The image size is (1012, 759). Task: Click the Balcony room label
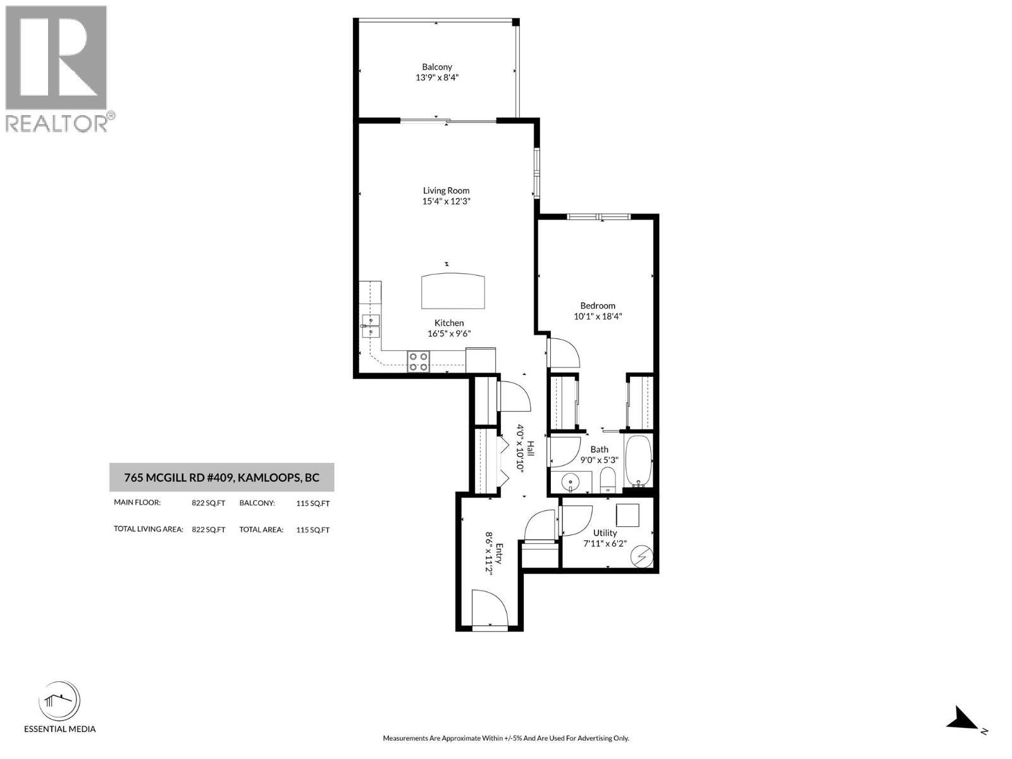437,66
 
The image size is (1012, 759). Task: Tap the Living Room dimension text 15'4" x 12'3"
447,202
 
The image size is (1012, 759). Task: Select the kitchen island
455,290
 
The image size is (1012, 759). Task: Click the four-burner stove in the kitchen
418,361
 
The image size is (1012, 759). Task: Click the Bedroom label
598,305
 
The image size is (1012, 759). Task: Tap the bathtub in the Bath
638,460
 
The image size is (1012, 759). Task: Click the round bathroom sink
571,483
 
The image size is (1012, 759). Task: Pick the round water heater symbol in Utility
643,556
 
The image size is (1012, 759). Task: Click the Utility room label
605,533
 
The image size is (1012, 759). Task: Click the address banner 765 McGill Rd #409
221,478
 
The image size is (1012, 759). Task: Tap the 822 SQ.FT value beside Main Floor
208,503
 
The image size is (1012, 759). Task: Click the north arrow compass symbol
963,719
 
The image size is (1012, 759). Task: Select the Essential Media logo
59,702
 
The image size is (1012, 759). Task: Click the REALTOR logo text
57,123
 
